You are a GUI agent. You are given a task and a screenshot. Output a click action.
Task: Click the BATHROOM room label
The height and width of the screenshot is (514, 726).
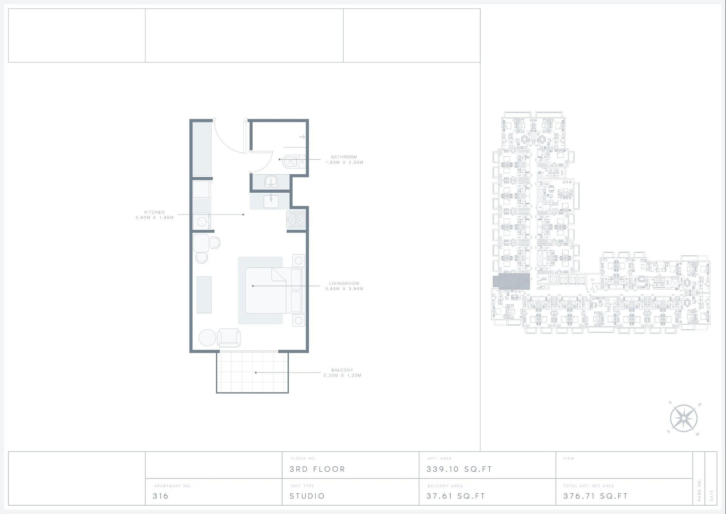(344, 157)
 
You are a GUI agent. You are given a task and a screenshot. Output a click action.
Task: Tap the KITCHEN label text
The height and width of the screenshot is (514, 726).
(154, 212)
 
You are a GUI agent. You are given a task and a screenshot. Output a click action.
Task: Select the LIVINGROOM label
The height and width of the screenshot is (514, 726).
(344, 283)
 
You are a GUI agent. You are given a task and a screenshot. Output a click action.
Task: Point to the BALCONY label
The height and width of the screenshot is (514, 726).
(342, 370)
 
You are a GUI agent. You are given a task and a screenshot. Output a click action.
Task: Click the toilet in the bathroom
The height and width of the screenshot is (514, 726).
(293, 162)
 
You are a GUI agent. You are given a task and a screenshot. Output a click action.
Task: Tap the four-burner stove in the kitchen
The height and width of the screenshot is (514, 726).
(296, 220)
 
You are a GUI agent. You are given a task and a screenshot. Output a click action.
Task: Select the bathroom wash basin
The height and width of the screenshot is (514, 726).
(271, 182)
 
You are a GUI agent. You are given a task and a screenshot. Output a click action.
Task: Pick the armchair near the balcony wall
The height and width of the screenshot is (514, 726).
(229, 338)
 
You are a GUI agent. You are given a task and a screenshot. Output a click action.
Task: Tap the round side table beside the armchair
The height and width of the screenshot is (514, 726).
(207, 338)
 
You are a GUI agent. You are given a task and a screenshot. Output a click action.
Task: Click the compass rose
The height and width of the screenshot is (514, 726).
(684, 418)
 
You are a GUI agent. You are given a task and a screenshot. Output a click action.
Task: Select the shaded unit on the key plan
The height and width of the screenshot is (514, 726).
(511, 282)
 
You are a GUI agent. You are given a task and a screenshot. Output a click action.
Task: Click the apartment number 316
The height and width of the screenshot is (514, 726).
(161, 496)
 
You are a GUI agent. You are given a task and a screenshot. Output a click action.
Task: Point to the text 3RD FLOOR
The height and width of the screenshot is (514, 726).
(317, 469)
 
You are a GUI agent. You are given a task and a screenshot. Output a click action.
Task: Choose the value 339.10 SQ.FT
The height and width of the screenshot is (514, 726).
(459, 469)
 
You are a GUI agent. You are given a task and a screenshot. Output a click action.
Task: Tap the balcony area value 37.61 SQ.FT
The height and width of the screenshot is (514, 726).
(456, 496)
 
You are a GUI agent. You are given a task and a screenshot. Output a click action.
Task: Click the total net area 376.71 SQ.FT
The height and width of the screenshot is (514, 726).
(596, 496)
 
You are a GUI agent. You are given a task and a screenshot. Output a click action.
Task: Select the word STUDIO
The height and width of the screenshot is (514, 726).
(307, 496)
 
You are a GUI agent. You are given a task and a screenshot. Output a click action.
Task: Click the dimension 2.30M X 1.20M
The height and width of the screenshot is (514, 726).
(342, 375)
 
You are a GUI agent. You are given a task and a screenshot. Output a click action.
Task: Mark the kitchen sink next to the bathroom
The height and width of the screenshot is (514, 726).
(271, 201)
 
